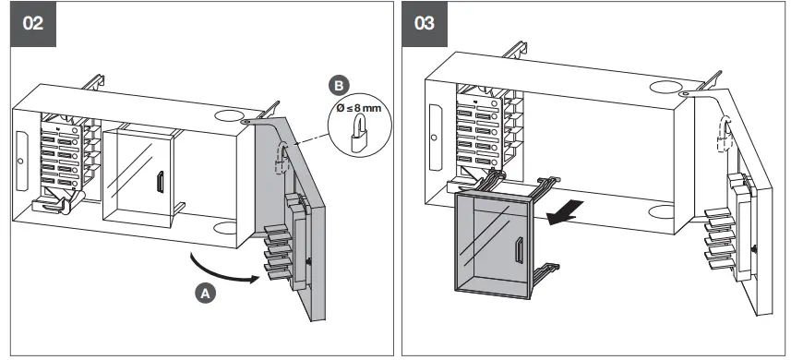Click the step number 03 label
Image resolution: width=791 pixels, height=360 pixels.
pyautogui.click(x=425, y=23)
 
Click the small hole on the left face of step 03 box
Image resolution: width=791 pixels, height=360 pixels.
pyautogui.click(x=430, y=138)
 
